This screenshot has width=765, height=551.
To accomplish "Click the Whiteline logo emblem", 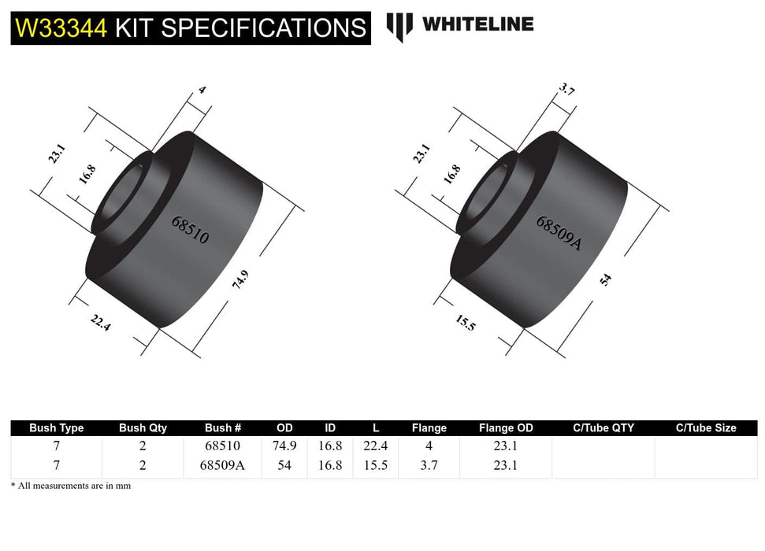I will tap(399, 26).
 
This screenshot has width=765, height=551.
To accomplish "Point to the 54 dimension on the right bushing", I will tap(605, 279).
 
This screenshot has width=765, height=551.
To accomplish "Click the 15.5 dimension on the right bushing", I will tap(465, 322).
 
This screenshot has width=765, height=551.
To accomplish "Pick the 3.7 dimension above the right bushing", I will tap(566, 91).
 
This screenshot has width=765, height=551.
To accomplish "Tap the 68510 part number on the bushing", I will tap(191, 229).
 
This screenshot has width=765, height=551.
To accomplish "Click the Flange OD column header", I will tap(506, 428).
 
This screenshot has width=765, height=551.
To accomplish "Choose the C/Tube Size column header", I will tap(706, 428).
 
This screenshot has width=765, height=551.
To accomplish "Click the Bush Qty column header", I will tap(143, 428).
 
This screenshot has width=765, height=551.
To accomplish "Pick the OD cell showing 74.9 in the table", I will tap(284, 446).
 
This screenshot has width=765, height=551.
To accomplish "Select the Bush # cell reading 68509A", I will tap(223, 465).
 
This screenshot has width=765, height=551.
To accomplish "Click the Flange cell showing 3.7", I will tap(429, 465).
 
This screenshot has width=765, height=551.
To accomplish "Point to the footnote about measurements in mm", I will tap(71, 486).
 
